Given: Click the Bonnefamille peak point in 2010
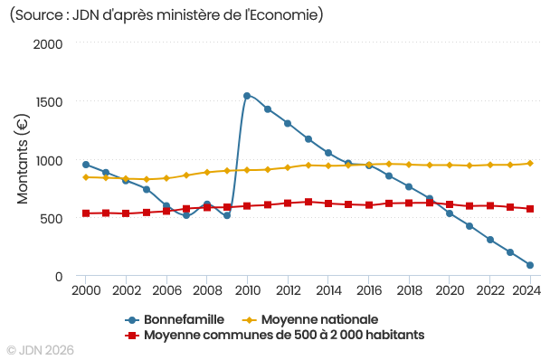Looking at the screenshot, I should (x=247, y=96).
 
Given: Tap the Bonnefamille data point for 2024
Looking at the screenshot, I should (x=530, y=265).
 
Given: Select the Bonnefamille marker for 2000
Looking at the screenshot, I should (x=86, y=165).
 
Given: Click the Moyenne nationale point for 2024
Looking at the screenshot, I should (x=530, y=164).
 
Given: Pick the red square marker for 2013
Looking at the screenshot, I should (x=308, y=202).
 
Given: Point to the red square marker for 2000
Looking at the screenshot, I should (x=86, y=213).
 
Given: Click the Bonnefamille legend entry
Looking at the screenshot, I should (x=176, y=320).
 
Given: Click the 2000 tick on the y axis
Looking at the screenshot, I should (x=47, y=43).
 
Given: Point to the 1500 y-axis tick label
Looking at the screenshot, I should (x=47, y=102).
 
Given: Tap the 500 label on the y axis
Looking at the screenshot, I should (x=51, y=219).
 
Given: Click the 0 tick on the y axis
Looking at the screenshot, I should (x=58, y=277).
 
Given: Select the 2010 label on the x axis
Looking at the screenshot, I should (x=247, y=290).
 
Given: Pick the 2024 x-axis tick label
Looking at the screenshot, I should (x=526, y=290).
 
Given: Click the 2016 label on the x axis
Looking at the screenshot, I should (x=368, y=290).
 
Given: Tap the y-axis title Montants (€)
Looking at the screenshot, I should (x=23, y=160).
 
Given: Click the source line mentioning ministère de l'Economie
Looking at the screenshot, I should (x=166, y=15).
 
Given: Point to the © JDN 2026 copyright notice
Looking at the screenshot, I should (x=41, y=349).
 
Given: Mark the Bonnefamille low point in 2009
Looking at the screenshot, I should (x=227, y=215).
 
